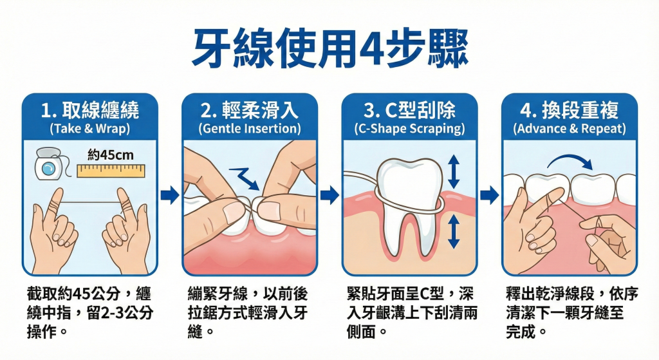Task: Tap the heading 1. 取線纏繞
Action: [89, 109]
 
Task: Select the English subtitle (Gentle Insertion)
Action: [250, 128]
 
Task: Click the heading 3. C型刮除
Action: [409, 109]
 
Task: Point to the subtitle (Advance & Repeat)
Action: [569, 128]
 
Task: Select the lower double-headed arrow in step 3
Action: [454, 232]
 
